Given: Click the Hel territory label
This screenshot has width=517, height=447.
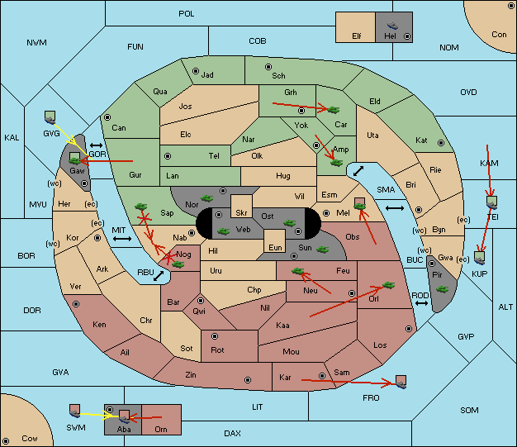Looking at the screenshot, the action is pyautogui.click(x=390, y=36).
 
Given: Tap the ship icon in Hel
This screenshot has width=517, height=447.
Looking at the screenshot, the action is pyautogui.click(x=392, y=26).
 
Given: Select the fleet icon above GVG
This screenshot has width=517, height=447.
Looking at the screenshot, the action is pyautogui.click(x=50, y=117).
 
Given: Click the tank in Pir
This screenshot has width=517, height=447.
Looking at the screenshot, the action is pyautogui.click(x=442, y=289).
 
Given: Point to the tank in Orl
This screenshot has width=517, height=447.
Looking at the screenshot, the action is pyautogui.click(x=388, y=285).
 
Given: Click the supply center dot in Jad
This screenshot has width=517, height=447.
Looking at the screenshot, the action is pyautogui.click(x=196, y=71).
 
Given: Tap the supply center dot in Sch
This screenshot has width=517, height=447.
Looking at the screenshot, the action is pyautogui.click(x=268, y=67).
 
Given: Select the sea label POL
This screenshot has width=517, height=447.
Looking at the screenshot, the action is pyautogui.click(x=187, y=14).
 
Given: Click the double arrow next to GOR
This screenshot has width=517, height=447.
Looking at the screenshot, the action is pyautogui.click(x=97, y=145).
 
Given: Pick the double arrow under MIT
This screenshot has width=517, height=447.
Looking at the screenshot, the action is pyautogui.click(x=122, y=239).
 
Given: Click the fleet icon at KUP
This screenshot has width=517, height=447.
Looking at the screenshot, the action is pyautogui.click(x=480, y=258).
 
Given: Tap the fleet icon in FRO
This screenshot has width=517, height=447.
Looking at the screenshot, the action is pyautogui.click(x=401, y=382).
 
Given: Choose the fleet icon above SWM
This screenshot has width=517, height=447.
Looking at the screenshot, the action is pyautogui.click(x=75, y=411).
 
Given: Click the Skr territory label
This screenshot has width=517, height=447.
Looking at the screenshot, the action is pyautogui.click(x=241, y=213).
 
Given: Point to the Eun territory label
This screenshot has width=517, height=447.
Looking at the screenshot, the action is pyautogui.click(x=275, y=247).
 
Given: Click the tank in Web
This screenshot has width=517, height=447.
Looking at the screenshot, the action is pyautogui.click(x=224, y=231).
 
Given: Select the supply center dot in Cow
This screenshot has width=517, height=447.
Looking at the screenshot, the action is pyautogui.click(x=6, y=441).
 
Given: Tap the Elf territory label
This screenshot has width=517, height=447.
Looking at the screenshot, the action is pyautogui.click(x=357, y=36).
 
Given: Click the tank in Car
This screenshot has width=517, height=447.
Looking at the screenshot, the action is pyautogui.click(x=333, y=110).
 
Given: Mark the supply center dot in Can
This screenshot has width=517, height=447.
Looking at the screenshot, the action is pyautogui.click(x=107, y=117).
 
